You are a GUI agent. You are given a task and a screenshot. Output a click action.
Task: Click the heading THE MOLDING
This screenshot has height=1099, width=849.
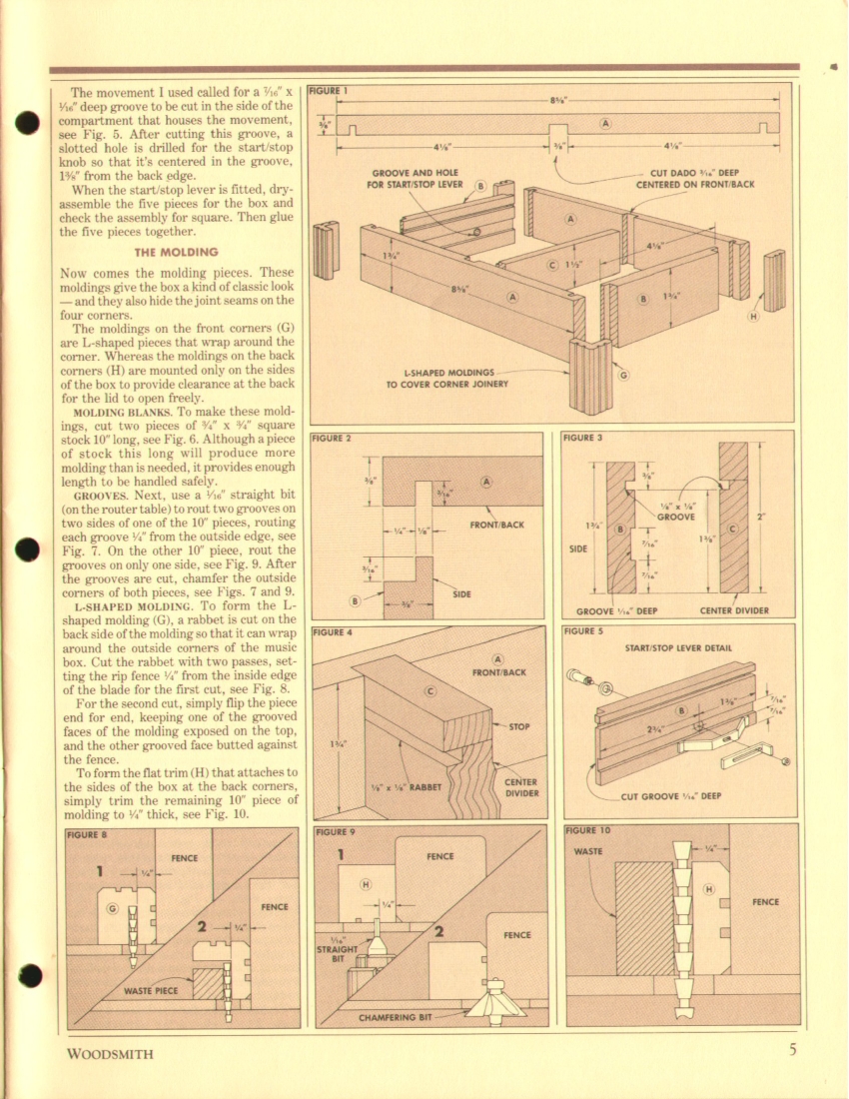176,253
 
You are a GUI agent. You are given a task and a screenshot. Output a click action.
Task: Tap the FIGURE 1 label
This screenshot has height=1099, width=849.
329,90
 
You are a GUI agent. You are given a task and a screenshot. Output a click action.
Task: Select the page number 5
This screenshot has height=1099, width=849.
792,1050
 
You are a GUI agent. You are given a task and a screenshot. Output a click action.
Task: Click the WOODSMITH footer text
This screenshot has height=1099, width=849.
110,1053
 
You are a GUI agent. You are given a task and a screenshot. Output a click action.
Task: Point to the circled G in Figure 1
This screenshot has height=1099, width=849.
622,375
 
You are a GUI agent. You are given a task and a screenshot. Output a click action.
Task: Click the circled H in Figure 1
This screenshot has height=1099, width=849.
753,316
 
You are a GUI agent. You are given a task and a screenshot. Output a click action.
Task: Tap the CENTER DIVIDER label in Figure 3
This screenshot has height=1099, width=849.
733,610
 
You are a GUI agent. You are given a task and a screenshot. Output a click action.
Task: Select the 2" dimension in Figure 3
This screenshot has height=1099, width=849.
762,517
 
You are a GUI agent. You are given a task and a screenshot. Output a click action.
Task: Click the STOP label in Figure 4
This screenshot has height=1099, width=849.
519,726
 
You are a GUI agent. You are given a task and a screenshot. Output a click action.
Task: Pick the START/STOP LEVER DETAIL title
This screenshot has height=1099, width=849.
678,647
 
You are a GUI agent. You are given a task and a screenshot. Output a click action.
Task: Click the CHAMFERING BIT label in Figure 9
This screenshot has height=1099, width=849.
396,1017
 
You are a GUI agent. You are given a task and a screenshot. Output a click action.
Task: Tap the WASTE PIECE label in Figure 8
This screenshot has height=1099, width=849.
151,991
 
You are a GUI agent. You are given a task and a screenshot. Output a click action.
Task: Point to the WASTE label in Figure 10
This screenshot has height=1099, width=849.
587,851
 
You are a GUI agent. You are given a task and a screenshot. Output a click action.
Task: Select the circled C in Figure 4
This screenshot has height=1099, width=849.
430,691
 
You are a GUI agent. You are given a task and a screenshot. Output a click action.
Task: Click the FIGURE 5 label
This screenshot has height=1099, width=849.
583,631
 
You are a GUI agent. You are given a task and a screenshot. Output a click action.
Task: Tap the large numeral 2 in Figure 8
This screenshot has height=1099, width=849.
203,926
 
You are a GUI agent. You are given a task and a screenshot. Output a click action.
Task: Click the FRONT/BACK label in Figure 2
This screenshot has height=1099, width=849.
496,525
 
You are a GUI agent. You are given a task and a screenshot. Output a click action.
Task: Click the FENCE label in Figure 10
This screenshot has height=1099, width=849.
766,902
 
